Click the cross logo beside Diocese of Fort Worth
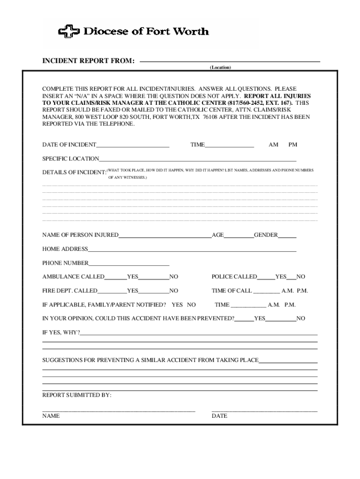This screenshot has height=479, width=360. click(x=69, y=32)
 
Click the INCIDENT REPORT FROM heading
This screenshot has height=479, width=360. click(x=89, y=61)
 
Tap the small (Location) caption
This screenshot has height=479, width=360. click(x=220, y=68)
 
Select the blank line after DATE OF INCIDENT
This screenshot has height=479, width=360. click(x=133, y=145)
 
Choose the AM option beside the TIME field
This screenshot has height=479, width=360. click(x=274, y=145)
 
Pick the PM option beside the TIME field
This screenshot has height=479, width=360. click(x=293, y=145)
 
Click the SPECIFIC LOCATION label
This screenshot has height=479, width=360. click(x=71, y=159)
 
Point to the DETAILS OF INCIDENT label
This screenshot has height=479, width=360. click(x=74, y=173)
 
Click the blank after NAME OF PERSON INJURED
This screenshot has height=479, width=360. click(x=165, y=235)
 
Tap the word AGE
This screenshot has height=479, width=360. click(x=218, y=235)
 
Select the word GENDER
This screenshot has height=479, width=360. click(x=266, y=235)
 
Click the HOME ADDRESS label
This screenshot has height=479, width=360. click(x=65, y=249)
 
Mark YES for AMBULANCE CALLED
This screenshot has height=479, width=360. click(x=133, y=277)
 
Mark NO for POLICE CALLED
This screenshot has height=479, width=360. click(x=301, y=277)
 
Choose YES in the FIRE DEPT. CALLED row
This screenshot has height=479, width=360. click(x=133, y=291)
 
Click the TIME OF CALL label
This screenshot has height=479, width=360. click(x=231, y=291)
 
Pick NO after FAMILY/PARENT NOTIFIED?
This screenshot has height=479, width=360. click(x=191, y=305)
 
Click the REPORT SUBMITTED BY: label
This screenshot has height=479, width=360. click(x=77, y=395)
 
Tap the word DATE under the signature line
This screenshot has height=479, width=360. click(x=219, y=416)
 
